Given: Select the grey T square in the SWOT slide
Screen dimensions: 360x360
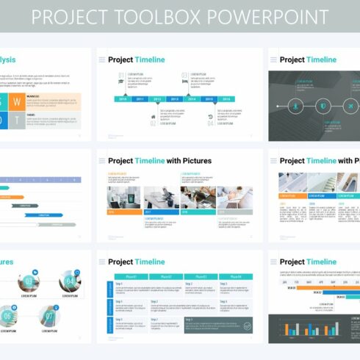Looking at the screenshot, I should [x=16, y=120].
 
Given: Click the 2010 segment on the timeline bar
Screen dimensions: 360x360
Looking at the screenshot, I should [x=122, y=98].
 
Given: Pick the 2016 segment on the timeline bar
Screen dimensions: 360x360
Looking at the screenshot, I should [x=226, y=98].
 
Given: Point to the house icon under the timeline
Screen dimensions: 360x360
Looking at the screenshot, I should [x=154, y=115].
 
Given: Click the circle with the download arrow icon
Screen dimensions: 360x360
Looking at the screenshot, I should [x=296, y=106].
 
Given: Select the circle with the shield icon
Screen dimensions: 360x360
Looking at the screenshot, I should [x=325, y=106].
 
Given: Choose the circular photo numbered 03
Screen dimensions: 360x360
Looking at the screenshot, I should [x=29, y=281].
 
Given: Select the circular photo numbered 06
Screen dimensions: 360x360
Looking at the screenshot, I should [x=7, y=317].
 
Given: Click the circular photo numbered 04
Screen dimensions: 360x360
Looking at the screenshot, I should [x=70, y=281].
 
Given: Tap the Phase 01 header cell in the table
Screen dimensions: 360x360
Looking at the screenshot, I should [x=132, y=276].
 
